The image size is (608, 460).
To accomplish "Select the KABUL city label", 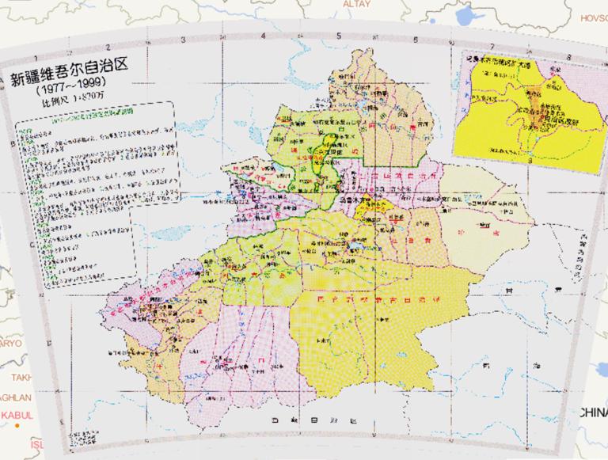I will coord(13,414).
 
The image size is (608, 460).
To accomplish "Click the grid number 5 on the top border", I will coord(337,36).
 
